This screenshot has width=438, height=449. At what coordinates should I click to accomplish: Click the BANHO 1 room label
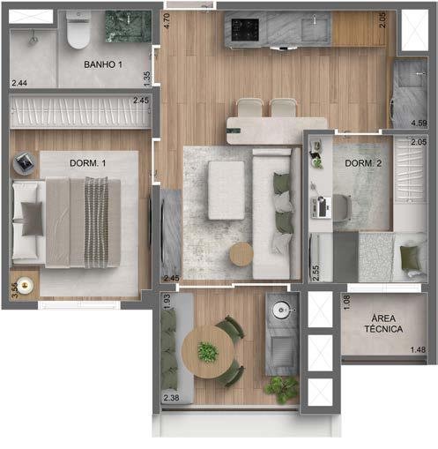click(103, 65)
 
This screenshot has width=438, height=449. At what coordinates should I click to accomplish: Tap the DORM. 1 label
click(86, 163)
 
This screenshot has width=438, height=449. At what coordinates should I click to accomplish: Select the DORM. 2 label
click(363, 163)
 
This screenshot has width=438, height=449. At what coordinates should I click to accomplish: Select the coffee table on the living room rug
click(225, 190)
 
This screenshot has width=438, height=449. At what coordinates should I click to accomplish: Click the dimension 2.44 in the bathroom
click(19, 83)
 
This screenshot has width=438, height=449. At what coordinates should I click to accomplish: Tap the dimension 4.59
click(419, 123)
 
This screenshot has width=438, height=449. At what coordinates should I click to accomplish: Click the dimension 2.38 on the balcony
click(172, 398)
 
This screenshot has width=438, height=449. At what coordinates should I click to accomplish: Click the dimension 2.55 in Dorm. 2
click(316, 272)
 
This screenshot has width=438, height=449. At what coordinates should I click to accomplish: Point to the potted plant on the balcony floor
click(282, 385)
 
